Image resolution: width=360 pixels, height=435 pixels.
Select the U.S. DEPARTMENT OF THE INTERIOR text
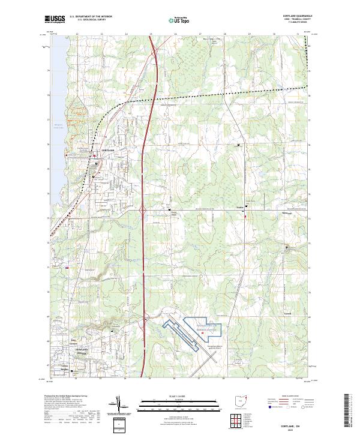click(x=91, y=17)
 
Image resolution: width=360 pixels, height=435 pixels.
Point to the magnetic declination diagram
click(x=119, y=406)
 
